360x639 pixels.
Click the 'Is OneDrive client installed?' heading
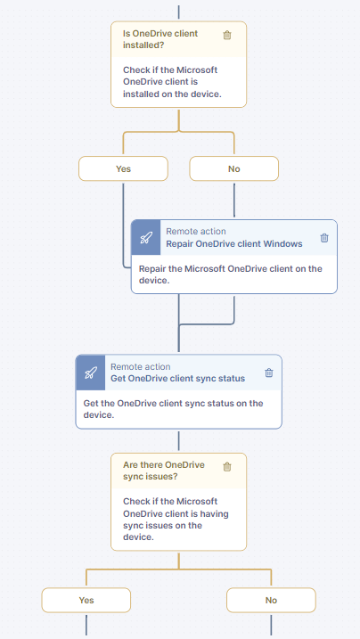[x=160, y=39]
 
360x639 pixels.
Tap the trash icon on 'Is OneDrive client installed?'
[x=227, y=35]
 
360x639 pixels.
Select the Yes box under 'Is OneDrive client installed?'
[x=123, y=168]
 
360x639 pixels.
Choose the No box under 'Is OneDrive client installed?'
[x=234, y=168]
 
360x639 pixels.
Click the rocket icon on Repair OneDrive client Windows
[x=146, y=238]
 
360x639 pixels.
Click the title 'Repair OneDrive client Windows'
[x=234, y=243]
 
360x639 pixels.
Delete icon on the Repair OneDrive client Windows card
[x=324, y=238]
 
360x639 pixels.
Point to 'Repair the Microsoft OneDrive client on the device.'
[x=231, y=274]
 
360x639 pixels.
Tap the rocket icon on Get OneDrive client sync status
[x=90, y=373]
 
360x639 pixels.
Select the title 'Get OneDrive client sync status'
[x=178, y=379]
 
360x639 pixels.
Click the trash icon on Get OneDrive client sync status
[x=269, y=373]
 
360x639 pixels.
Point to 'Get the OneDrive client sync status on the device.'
[x=173, y=409]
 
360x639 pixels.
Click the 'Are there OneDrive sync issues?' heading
[x=164, y=471]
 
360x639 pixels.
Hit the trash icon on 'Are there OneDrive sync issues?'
[x=227, y=467]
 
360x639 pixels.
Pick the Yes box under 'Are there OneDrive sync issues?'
[x=86, y=600]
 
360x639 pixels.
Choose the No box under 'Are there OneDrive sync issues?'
[x=271, y=600]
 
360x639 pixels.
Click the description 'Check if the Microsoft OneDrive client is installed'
[x=172, y=81]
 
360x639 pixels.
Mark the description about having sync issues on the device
[x=176, y=520]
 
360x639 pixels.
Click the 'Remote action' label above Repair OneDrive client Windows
[x=196, y=232]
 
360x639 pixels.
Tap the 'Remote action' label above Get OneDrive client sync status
[x=141, y=367]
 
